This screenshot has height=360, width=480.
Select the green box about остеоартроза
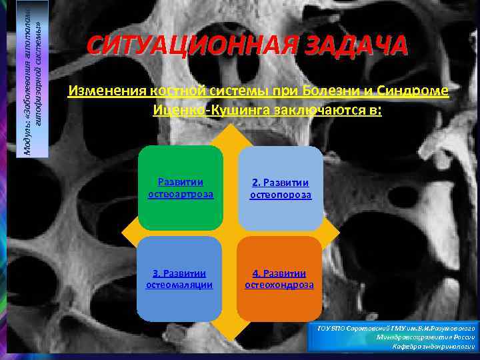click(x=181, y=187)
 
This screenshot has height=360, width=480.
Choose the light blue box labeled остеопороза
click(x=281, y=187)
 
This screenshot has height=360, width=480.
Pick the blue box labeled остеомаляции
click(x=179, y=279)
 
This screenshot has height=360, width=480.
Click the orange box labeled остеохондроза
click(x=279, y=279)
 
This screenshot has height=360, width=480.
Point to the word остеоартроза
click(x=181, y=194)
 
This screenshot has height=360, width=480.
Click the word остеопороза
click(x=281, y=195)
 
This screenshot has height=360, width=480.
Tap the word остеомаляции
click(x=179, y=285)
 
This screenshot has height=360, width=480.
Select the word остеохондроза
click(x=279, y=285)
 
